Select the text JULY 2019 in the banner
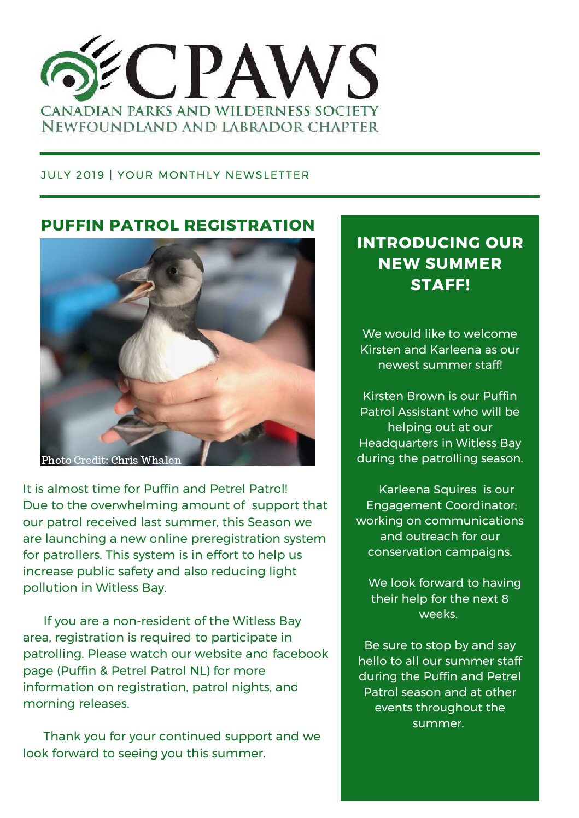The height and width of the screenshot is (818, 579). tap(72, 175)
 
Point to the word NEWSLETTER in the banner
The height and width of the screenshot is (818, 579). tap(267, 175)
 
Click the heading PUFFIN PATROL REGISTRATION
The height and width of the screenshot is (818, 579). tap(178, 225)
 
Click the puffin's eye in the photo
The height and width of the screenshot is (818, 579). tap(172, 270)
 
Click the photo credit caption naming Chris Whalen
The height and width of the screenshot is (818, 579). tap(111, 460)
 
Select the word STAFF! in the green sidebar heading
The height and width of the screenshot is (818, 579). tap(440, 285)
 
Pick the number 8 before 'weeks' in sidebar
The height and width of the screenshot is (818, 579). tap(505, 599)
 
